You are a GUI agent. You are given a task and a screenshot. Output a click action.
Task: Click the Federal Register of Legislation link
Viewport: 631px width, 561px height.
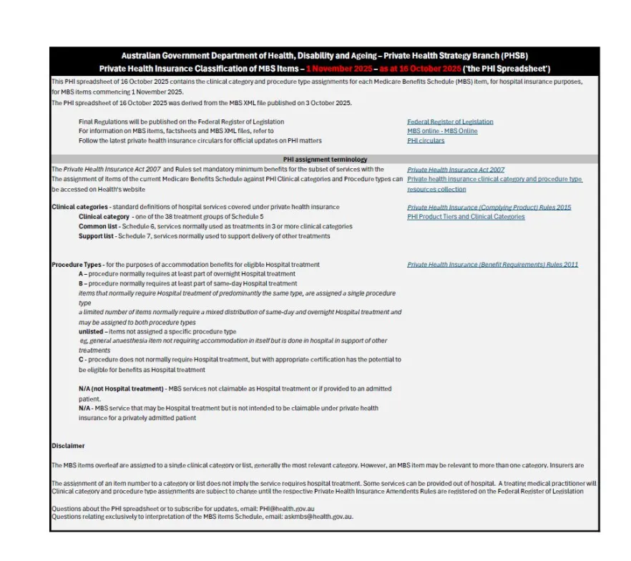pyautogui.click(x=450, y=122)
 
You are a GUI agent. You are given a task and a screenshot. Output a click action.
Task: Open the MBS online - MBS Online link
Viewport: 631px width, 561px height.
pyautogui.click(x=442, y=131)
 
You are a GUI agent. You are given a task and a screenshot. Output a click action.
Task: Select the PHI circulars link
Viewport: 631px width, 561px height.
pyautogui.click(x=426, y=141)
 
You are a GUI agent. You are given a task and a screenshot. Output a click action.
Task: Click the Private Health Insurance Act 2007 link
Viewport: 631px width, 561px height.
pyautogui.click(x=456, y=170)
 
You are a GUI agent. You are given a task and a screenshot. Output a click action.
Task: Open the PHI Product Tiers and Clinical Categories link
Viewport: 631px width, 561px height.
pyautogui.click(x=466, y=217)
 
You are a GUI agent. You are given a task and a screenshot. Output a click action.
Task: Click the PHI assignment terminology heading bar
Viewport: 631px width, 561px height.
pyautogui.click(x=325, y=160)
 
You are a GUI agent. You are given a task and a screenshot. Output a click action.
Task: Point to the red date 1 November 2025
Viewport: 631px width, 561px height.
pyautogui.click(x=339, y=69)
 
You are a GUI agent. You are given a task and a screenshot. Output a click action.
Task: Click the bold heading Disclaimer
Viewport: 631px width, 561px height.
pyautogui.click(x=68, y=446)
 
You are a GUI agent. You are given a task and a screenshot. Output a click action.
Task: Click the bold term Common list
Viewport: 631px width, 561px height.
pyautogui.click(x=97, y=226)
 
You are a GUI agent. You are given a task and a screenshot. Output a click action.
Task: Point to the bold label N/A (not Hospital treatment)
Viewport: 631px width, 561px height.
pyautogui.click(x=121, y=389)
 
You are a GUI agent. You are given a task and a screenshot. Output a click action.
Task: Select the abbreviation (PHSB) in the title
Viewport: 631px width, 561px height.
pyautogui.click(x=509, y=56)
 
